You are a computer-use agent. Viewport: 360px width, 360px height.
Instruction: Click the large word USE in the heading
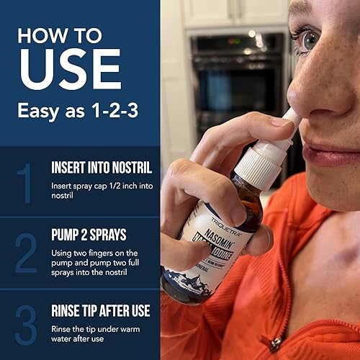70,68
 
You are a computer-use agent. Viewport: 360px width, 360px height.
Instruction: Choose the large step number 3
25,325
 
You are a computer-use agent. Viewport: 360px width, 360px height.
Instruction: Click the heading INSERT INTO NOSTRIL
101,168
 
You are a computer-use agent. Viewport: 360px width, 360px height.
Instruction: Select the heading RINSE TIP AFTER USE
101,311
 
